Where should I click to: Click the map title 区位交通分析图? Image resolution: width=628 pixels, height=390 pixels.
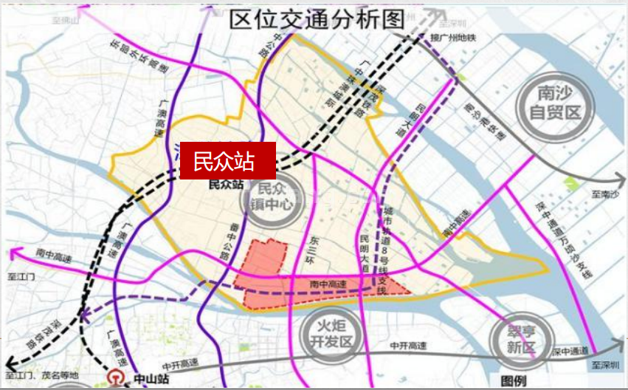pos(317,19)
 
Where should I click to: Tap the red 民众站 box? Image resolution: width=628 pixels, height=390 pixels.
pos(228,160)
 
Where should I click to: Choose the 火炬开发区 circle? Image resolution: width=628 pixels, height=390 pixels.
pos(331,332)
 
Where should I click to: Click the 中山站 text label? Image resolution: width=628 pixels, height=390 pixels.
pos(151,380)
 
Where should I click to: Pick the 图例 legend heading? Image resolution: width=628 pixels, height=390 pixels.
pos(514,380)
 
